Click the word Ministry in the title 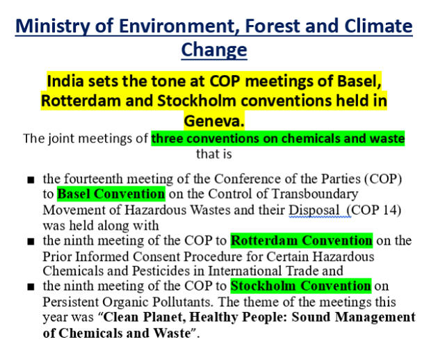(x=53, y=26)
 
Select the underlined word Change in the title (x=214, y=50)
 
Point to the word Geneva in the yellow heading (x=214, y=121)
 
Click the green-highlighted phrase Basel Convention (x=111, y=194)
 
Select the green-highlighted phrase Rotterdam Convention (x=302, y=240)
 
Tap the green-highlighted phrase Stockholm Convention (x=301, y=286)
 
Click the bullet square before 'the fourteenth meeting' (x=31, y=180)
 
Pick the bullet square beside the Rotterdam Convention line (x=31, y=242)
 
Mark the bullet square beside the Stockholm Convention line (x=31, y=287)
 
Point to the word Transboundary (x=314, y=194)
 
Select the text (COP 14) (x=374, y=210)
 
